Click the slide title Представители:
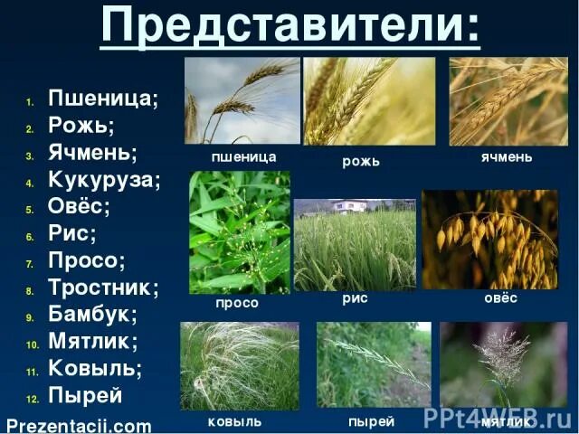pos(289,27)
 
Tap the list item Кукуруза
pos(104,179)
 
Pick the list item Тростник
pos(103,288)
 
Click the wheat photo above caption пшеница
pos(242,100)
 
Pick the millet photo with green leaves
pos(240,232)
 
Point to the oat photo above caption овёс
pos(490,239)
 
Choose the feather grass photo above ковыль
pos(239,365)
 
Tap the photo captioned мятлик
pos(503,365)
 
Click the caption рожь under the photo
pos(361,162)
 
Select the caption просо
pos(236,303)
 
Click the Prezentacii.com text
pos(78,425)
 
